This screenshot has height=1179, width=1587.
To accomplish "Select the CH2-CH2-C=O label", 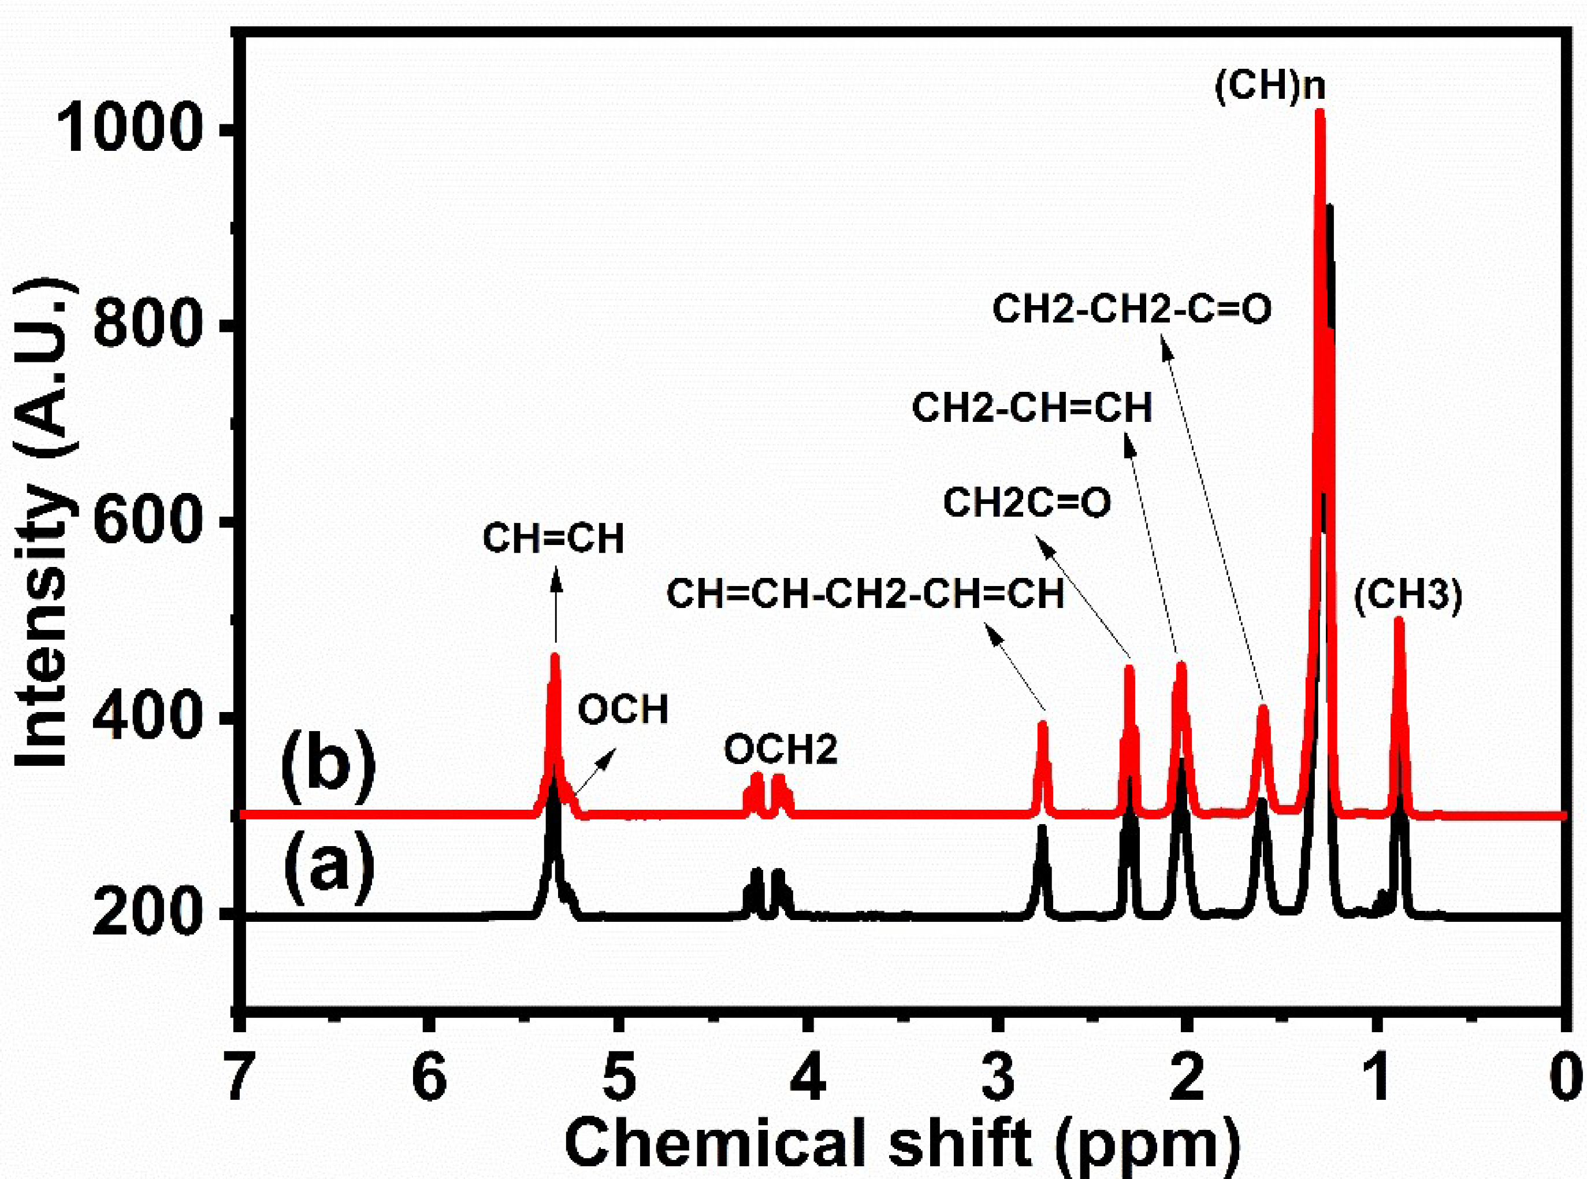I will coord(1132,310).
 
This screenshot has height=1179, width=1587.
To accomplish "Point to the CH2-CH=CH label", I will coord(1032,408).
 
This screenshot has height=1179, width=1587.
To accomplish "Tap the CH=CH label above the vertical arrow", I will coord(553,539).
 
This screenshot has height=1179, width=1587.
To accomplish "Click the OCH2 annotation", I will coord(781,750).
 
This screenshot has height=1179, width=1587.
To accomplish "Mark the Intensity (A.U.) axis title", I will coord(44,525).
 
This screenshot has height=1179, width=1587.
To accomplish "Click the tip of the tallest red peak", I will coord(1320,113).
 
